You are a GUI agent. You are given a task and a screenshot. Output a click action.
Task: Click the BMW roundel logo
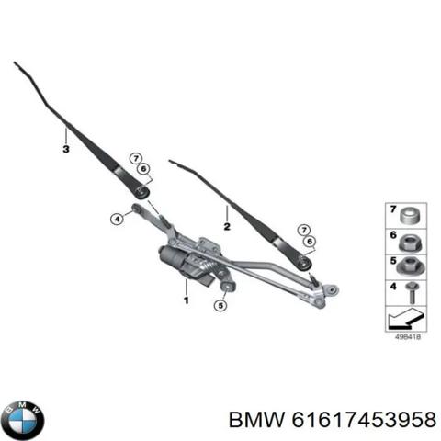[x=23, y=421]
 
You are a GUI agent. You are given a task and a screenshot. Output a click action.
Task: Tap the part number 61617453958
[x=364, y=419]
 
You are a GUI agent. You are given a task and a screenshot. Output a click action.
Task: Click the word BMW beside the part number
[x=256, y=419]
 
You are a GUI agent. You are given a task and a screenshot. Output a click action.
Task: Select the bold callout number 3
[x=66, y=149]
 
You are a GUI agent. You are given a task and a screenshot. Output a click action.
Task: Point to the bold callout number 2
[x=227, y=227]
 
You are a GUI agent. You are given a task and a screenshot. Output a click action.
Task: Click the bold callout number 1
[x=187, y=300]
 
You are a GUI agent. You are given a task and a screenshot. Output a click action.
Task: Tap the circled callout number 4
[x=117, y=219]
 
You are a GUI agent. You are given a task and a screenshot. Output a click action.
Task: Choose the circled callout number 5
[x=220, y=305]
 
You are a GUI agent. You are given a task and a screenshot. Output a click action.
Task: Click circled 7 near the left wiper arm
[x=136, y=158]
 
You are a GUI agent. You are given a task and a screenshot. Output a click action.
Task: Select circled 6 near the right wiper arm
[x=310, y=242]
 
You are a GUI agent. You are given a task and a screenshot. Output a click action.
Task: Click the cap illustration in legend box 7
[x=411, y=216]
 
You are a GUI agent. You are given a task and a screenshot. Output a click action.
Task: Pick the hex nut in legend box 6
[x=411, y=243]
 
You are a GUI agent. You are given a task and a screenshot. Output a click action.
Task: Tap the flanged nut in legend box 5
[x=411, y=267]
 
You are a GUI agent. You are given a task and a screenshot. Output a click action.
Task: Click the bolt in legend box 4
[x=412, y=293]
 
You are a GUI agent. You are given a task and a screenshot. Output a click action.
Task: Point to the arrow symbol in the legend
[x=405, y=319]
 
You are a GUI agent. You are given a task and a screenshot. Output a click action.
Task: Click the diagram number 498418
[x=408, y=337]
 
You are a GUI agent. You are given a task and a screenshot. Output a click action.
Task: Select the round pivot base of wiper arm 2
[x=304, y=263]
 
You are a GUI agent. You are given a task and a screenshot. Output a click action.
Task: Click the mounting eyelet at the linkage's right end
[x=331, y=289]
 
